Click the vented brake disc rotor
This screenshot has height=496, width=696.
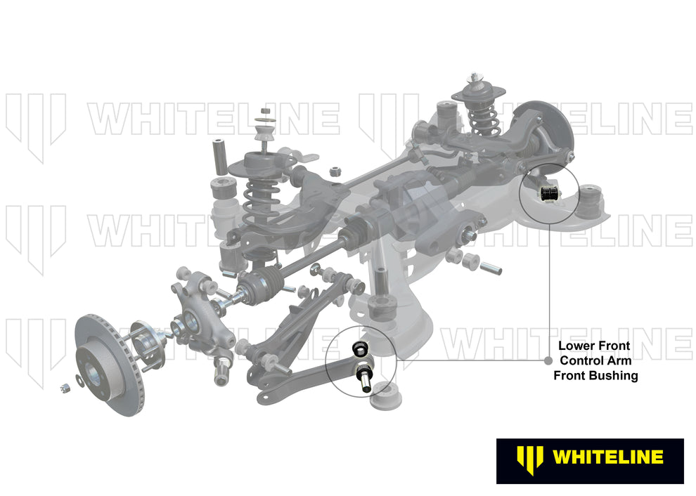coord(105,365)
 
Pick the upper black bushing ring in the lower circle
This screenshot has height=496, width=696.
coord(360,346)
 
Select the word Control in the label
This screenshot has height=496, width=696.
coord(581,360)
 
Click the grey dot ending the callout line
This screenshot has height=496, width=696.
coord(548,361)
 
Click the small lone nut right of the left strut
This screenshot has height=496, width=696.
coord(335,171)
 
